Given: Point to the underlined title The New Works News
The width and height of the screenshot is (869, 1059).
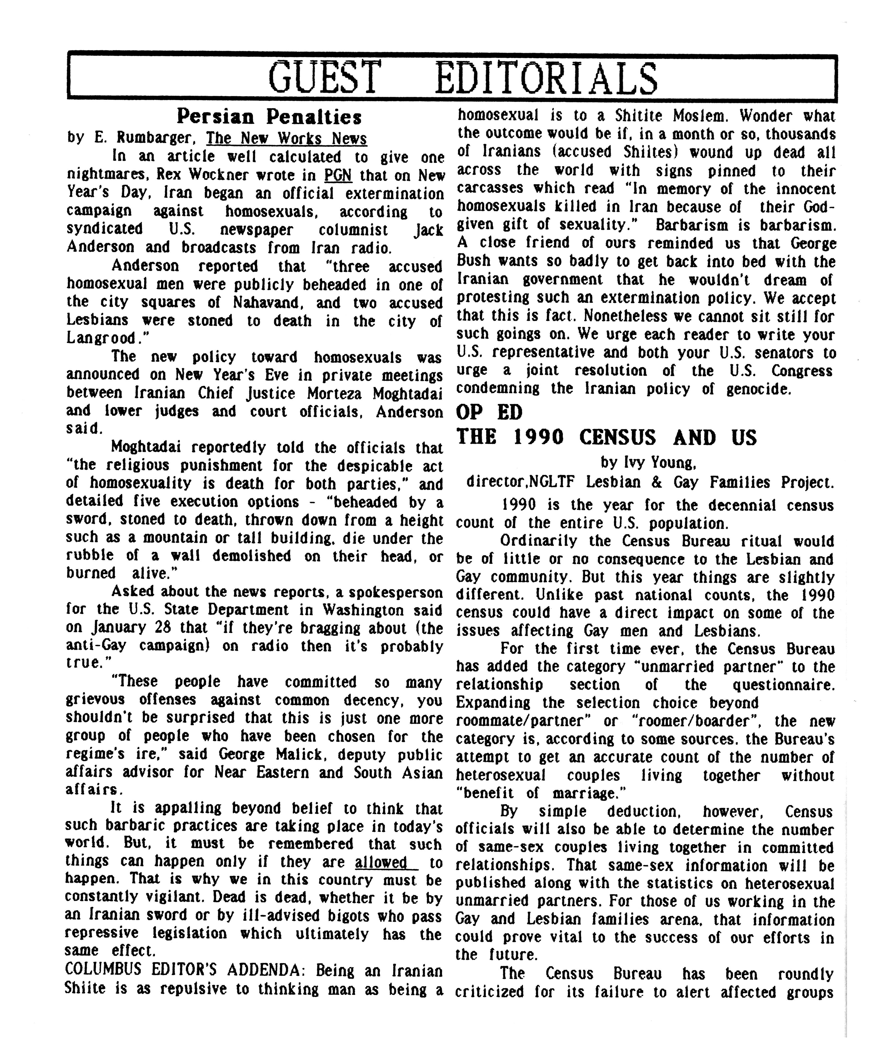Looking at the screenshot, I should tap(287, 138).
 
